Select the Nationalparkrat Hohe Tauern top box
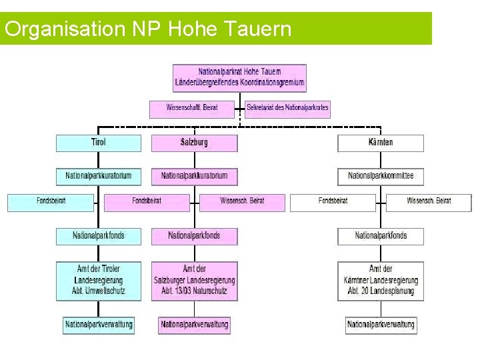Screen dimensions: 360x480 click(x=239, y=78)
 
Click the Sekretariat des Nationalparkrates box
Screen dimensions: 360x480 click(x=287, y=107)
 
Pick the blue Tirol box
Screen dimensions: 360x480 click(x=99, y=143)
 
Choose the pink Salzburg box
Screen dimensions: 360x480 click(x=194, y=143)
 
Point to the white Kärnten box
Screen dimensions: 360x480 click(x=380, y=143)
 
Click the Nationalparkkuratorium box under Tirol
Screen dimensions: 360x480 click(x=99, y=176)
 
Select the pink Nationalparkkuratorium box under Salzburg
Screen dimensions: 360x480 click(x=194, y=176)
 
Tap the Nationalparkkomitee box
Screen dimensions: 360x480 click(x=380, y=176)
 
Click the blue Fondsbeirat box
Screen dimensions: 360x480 click(x=51, y=201)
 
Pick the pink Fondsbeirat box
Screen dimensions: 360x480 click(x=147, y=201)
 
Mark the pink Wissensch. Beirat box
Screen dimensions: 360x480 click(x=242, y=201)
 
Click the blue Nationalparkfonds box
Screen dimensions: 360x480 click(x=99, y=235)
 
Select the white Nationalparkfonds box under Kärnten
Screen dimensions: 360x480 click(x=380, y=235)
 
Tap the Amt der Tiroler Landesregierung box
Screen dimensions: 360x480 click(x=99, y=280)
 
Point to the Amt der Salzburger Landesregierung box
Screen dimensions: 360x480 click(x=194, y=280)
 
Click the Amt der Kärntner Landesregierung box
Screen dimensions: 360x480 click(x=380, y=280)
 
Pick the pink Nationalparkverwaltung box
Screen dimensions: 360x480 click(x=194, y=325)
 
